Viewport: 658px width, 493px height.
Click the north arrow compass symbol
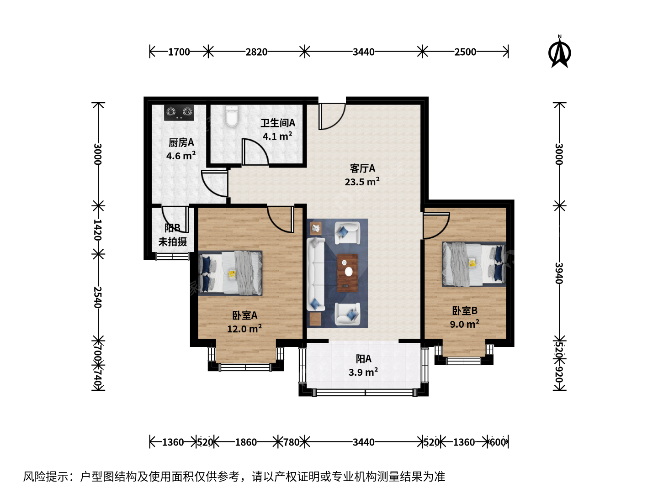pyautogui.click(x=559, y=52)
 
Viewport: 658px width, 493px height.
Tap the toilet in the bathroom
pyautogui.click(x=232, y=116)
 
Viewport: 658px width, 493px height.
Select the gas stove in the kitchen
pyautogui.click(x=179, y=113)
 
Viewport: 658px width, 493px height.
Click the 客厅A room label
pyautogui.click(x=362, y=168)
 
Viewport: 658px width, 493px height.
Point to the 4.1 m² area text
pyautogui.click(x=277, y=136)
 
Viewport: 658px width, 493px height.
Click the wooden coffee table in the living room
pyautogui.click(x=347, y=273)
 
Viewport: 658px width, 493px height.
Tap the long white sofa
pyautogui.click(x=316, y=274)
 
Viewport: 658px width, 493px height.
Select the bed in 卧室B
pyautogui.click(x=474, y=264)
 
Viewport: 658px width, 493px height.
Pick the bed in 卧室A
pyautogui.click(x=230, y=273)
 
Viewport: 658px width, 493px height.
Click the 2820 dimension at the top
pyautogui.click(x=256, y=52)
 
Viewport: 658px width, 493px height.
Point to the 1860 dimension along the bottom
pyautogui.click(x=246, y=442)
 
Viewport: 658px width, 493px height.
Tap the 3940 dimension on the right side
pyautogui.click(x=559, y=273)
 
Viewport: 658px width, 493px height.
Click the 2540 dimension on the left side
pyautogui.click(x=98, y=297)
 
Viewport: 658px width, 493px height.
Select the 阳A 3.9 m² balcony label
pyautogui.click(x=363, y=366)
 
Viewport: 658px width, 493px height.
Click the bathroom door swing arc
pyautogui.click(x=255, y=152)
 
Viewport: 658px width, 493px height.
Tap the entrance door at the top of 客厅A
pyautogui.click(x=332, y=116)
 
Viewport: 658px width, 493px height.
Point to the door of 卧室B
pyautogui.click(x=436, y=226)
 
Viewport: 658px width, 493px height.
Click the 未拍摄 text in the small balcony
pyautogui.click(x=173, y=241)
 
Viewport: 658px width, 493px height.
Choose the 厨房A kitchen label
pyautogui.click(x=181, y=142)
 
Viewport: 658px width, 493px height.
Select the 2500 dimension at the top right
pyautogui.click(x=465, y=52)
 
